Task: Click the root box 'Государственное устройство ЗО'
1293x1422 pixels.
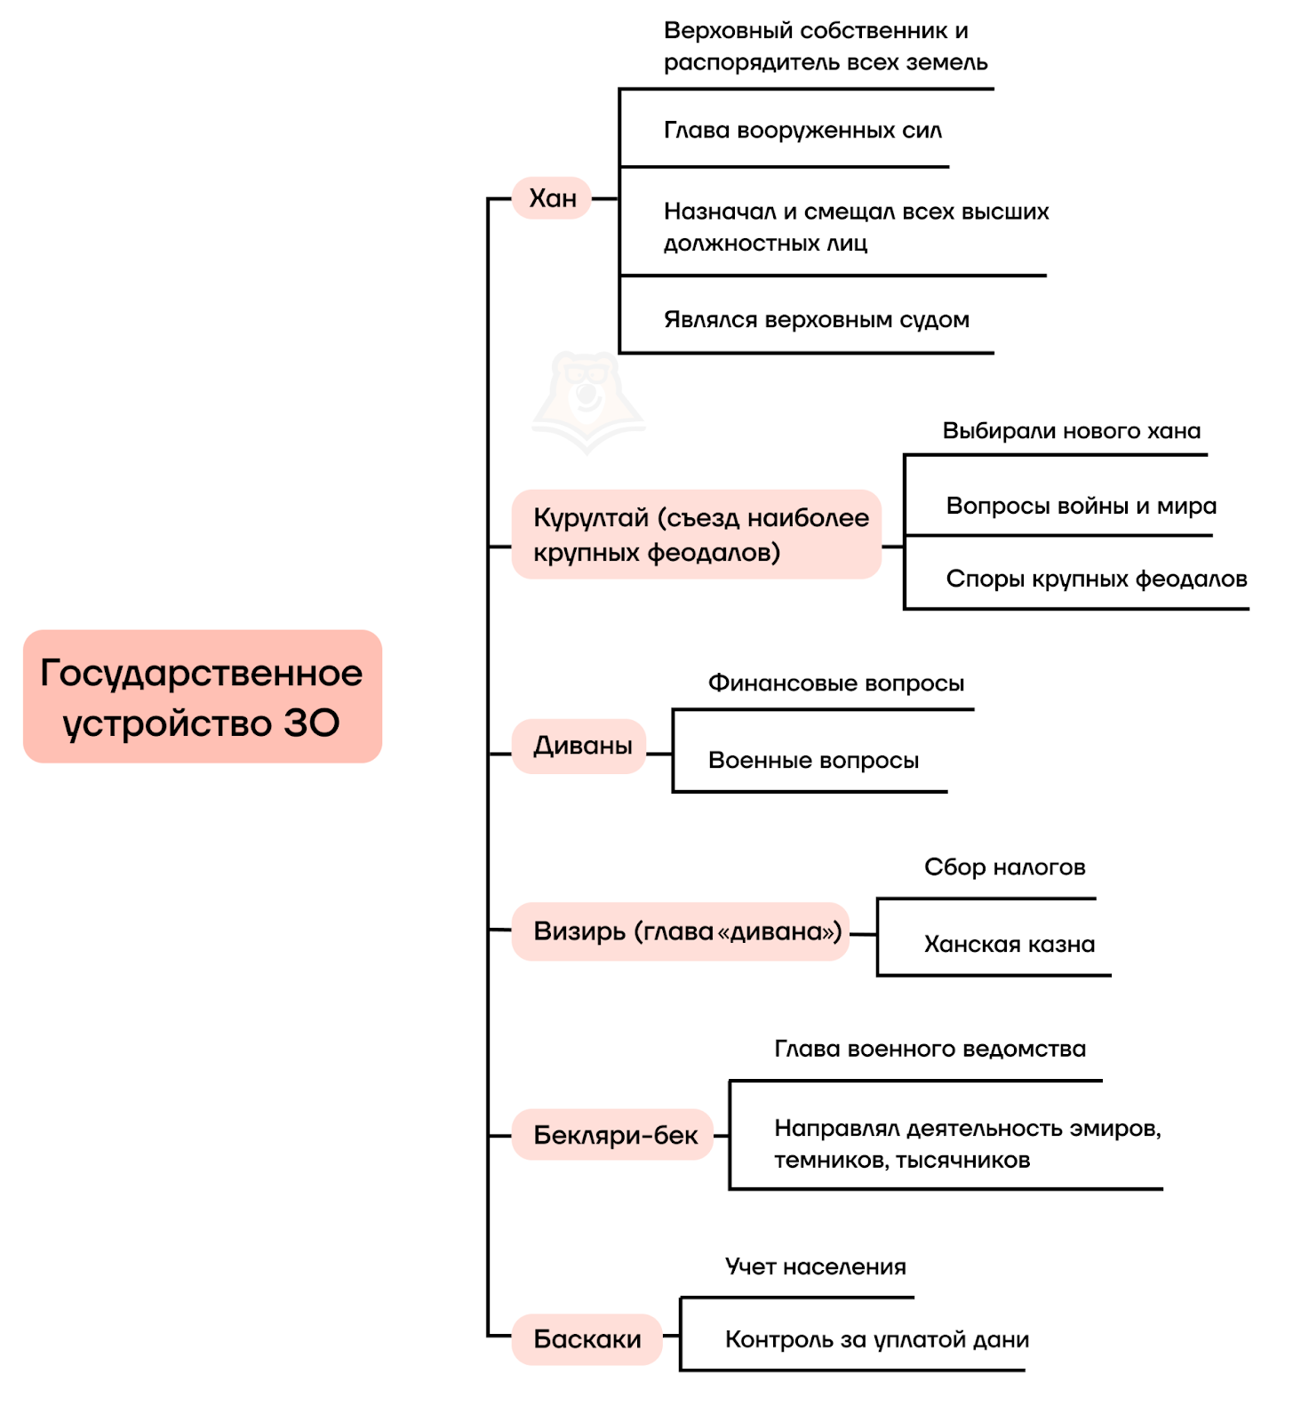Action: (203, 696)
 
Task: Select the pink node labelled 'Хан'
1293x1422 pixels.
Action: (552, 198)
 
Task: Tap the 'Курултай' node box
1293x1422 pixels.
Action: (697, 534)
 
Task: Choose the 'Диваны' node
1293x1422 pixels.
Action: (579, 746)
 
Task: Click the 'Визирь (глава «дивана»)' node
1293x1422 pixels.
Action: (681, 931)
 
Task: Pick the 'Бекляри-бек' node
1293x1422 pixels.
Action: (613, 1134)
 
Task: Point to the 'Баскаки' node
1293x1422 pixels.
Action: (587, 1339)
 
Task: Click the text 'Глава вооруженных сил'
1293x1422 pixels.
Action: (802, 131)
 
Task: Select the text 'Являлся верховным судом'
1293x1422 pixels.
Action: (817, 319)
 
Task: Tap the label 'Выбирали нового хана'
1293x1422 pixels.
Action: (1072, 431)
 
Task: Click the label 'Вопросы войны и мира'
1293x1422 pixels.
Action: (1081, 506)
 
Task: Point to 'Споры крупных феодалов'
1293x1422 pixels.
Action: (1097, 579)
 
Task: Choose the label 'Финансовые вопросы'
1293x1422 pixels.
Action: (836, 683)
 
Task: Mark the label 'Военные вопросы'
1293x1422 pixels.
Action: (814, 761)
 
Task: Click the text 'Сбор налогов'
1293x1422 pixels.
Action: (1005, 867)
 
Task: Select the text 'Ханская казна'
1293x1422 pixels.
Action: (1010, 944)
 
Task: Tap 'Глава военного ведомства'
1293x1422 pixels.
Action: (930, 1050)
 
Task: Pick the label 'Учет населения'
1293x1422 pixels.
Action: (816, 1266)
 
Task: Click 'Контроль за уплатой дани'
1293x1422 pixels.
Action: (877, 1339)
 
